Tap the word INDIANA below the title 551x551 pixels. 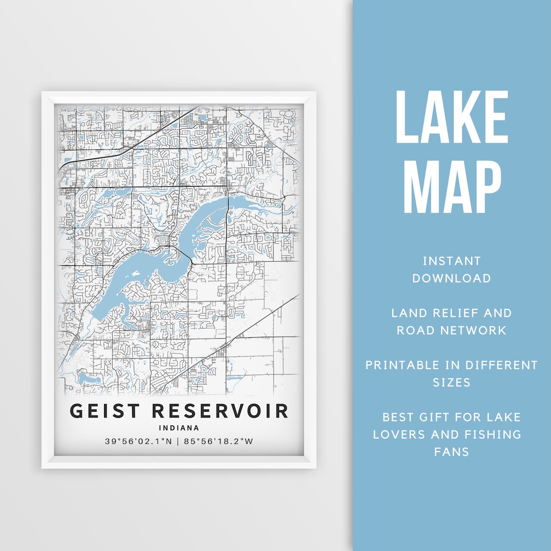coord(179,428)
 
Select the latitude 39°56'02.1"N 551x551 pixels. coord(139,441)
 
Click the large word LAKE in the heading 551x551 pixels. coord(452,118)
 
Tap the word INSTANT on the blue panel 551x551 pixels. coord(452,261)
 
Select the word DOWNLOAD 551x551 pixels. coord(452,279)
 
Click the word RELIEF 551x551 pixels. coord(452,313)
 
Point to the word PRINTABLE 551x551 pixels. coord(403,365)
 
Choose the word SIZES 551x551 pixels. coord(452,383)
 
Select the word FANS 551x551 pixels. coord(452,452)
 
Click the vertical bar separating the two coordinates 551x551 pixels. coord(178,441)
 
